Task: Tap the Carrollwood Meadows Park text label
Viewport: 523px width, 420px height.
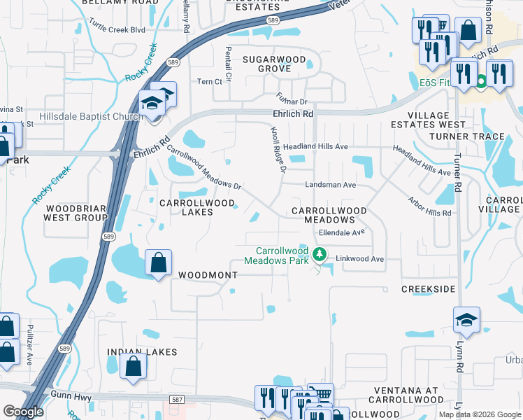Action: [282, 255]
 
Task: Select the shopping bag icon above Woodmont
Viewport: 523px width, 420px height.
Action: [159, 263]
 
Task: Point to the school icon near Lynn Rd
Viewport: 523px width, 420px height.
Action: [466, 319]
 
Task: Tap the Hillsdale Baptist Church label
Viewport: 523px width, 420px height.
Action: [92, 116]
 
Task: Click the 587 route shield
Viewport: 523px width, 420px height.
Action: [177, 399]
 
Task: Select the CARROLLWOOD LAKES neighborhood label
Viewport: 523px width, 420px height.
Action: [187, 208]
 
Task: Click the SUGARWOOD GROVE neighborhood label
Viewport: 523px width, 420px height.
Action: [274, 65]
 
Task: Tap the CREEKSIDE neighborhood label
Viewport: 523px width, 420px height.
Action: [429, 288]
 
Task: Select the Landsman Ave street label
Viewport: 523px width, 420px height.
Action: [330, 185]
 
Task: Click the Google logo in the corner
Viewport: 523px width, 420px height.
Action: [24, 412]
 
